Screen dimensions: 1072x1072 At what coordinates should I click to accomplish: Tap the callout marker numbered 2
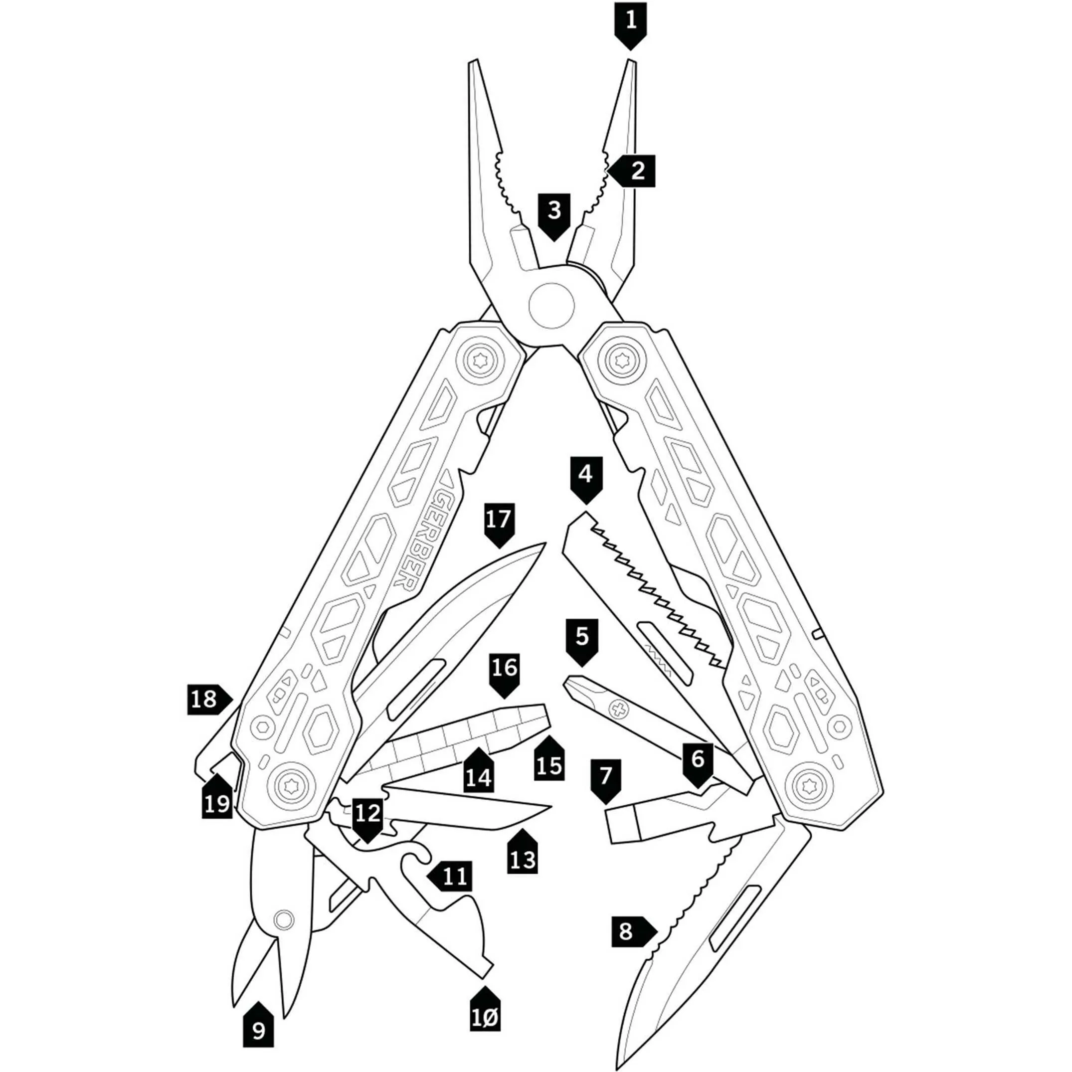[x=633, y=171]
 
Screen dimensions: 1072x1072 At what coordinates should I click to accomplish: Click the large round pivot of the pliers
[x=551, y=305]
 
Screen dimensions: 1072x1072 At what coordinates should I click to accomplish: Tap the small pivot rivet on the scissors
[x=284, y=919]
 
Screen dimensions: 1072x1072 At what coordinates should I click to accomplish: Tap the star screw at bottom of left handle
[x=292, y=786]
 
